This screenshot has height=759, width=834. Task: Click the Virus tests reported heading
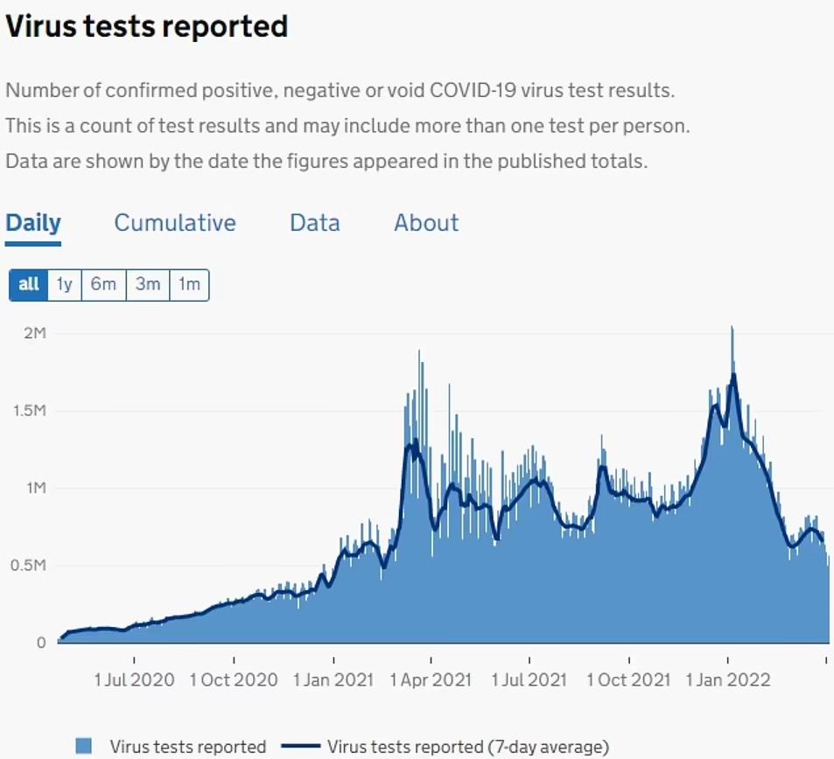pos(147,26)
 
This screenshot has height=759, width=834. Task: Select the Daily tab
pos(33,223)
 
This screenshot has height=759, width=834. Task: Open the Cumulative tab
pos(175,223)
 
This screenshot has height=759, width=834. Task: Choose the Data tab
pos(315,223)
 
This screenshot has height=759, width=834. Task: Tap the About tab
pos(426,223)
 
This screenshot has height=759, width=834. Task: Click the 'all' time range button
pos(29,285)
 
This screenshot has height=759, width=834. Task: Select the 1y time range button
pos(65,285)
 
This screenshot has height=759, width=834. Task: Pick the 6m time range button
pos(103,285)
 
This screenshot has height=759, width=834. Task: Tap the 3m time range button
pos(148,285)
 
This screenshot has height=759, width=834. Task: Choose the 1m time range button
pos(189,285)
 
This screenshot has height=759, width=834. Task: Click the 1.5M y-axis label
pos(29,411)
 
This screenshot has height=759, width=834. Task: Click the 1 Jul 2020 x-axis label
pos(134,679)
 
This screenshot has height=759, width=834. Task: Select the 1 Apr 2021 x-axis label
pos(430,679)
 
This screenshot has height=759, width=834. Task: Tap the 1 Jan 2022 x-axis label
pos(728,679)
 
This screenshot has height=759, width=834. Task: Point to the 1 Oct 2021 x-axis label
pos(628,679)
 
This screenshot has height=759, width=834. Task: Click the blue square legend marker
pos(84,746)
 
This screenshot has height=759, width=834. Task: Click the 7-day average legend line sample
pos(299,746)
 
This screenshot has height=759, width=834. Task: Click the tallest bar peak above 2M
pos(732,329)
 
